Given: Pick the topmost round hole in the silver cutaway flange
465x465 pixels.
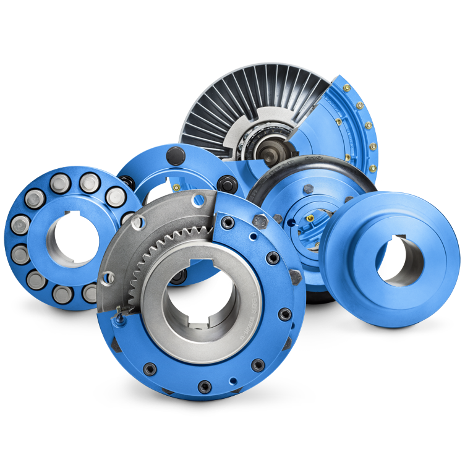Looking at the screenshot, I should click(x=198, y=199).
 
